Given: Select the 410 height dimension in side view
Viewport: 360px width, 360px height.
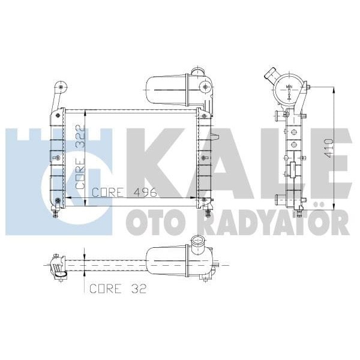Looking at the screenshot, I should (x=328, y=146).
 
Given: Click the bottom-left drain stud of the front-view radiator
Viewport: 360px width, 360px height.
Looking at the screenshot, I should (x=57, y=211).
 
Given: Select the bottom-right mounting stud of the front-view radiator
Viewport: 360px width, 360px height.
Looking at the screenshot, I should (x=208, y=212).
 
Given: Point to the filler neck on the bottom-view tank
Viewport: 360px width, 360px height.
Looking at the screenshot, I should (x=197, y=244).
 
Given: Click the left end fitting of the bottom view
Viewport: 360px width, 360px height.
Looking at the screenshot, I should (x=58, y=266).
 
